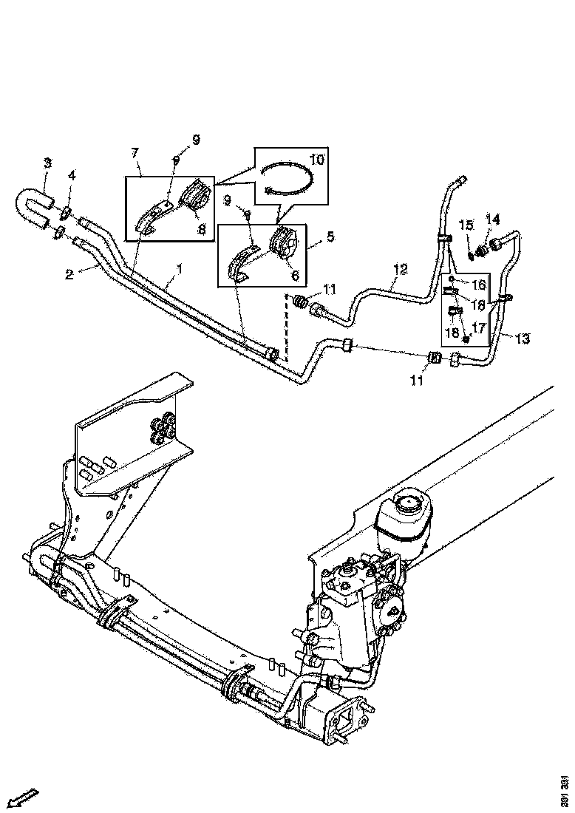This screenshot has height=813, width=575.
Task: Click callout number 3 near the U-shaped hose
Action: click(47, 163)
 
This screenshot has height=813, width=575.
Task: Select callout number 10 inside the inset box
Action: click(317, 159)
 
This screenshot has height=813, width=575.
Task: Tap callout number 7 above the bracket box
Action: click(135, 153)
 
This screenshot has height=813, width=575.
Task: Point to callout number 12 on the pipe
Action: click(401, 269)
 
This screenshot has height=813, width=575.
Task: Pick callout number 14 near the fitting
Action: click(492, 220)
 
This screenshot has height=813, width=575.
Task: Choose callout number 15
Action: click(466, 225)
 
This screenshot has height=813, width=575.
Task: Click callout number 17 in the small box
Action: click(479, 327)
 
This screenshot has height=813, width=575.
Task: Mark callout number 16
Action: click(479, 285)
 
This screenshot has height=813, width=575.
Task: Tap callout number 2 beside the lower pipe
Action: click(70, 274)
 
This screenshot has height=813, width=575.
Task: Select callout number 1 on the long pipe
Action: click(180, 269)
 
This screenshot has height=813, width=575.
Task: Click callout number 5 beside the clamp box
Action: click(330, 237)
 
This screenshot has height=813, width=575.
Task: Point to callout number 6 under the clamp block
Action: click(295, 276)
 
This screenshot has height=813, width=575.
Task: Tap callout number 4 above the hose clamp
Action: click(72, 176)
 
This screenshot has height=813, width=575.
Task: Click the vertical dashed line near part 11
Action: click(285, 327)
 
